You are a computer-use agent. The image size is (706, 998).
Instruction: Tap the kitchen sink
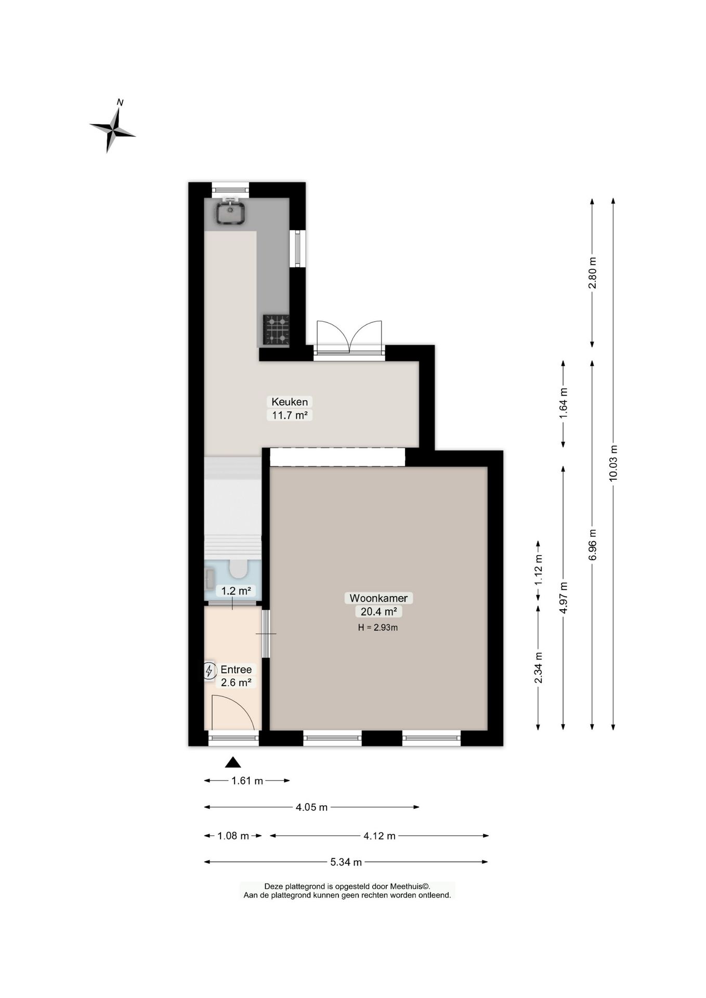tap(231, 213)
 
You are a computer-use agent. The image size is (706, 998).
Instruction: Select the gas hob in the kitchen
tap(276, 330)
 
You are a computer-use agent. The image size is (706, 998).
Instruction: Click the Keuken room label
tap(290, 401)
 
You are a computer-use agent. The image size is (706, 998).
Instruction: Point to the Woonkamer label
tap(378, 598)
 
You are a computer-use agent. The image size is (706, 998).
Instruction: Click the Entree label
tap(236, 669)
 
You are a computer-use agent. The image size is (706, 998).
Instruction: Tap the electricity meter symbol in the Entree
tap(209, 671)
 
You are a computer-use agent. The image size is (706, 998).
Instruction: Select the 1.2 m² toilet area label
tap(237, 590)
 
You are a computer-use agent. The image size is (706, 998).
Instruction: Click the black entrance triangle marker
tap(233, 762)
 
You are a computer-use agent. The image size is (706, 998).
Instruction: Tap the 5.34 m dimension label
tap(346, 862)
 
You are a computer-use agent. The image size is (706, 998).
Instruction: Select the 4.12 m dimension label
tap(380, 835)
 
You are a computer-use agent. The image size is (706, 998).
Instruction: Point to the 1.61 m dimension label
tap(247, 780)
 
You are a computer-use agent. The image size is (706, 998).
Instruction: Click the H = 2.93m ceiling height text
tap(378, 627)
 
